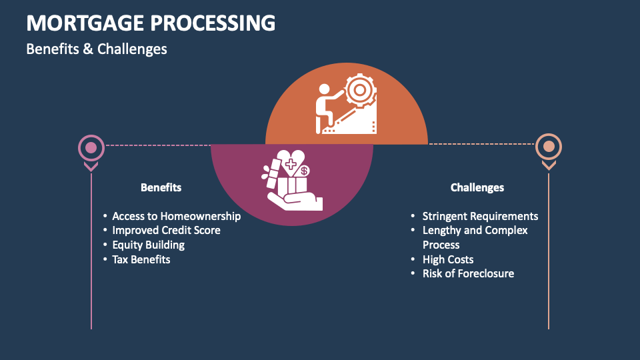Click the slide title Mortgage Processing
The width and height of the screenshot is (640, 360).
point(151,23)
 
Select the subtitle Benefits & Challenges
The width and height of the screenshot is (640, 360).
point(97,49)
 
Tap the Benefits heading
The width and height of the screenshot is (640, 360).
point(161,187)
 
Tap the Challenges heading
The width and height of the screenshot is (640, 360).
point(477,187)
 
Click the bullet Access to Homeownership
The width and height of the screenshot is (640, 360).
point(176,216)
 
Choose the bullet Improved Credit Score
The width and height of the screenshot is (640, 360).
point(166,230)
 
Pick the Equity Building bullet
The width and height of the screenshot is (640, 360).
point(148,245)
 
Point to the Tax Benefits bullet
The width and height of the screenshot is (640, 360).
point(141,259)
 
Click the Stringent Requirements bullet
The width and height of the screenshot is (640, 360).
point(480,216)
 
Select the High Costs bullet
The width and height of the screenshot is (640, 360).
point(447,259)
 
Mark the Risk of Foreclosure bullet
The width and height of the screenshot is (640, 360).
point(468,273)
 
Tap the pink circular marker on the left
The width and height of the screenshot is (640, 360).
point(91,147)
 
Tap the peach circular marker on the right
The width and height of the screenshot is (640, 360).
point(549,147)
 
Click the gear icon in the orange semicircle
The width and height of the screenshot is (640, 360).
point(361,89)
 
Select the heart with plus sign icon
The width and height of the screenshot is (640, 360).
point(291,161)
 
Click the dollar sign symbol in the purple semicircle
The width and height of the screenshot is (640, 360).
point(304,171)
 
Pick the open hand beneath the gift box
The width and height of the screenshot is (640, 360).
point(293,201)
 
